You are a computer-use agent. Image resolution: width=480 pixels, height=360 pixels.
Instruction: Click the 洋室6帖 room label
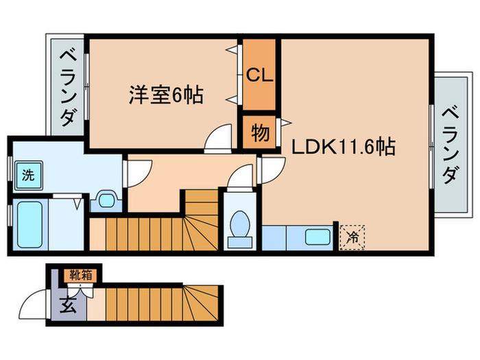[166, 95]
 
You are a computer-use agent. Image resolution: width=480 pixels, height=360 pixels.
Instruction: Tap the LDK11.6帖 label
[343, 147]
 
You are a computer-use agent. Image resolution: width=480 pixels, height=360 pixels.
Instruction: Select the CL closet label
[260, 75]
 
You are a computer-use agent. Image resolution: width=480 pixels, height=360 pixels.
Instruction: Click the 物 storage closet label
[261, 133]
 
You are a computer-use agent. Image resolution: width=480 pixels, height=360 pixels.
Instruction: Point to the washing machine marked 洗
[28, 176]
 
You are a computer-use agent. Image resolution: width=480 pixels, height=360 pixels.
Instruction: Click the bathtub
[29, 224]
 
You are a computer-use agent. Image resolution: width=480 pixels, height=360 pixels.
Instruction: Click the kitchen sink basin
[317, 237]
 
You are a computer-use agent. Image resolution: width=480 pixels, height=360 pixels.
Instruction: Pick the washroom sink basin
[106, 200]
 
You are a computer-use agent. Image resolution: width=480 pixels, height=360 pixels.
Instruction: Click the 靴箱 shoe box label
[80, 275]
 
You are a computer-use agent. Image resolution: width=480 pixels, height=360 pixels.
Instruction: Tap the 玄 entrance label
[68, 305]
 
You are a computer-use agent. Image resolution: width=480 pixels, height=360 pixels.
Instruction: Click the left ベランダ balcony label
[68, 88]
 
